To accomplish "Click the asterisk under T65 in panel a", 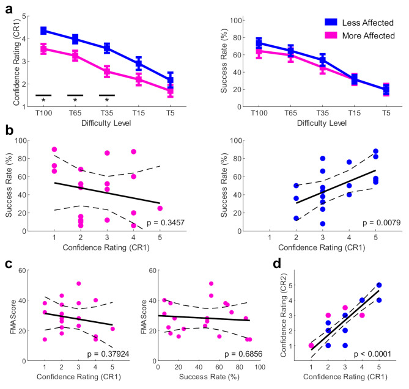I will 75,100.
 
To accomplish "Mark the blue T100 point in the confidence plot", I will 43,31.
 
